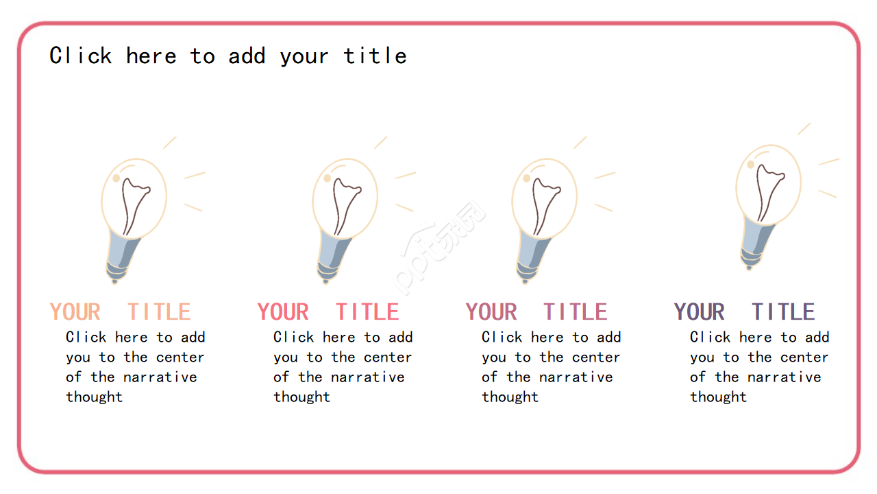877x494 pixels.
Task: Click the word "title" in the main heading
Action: (375, 56)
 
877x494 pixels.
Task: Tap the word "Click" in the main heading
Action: (81, 56)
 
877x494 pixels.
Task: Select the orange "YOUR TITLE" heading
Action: (120, 311)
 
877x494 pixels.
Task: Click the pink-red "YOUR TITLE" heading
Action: (328, 311)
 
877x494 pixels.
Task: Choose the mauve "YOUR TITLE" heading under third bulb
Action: (536, 311)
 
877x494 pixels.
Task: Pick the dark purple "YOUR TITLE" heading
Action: (744, 311)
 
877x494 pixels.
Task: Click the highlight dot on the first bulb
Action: (116, 178)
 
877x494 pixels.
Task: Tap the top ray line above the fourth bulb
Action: (804, 129)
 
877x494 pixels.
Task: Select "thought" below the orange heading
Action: (95, 397)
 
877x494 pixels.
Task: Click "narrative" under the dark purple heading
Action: (785, 377)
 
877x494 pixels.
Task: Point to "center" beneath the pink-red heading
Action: (388, 357)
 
